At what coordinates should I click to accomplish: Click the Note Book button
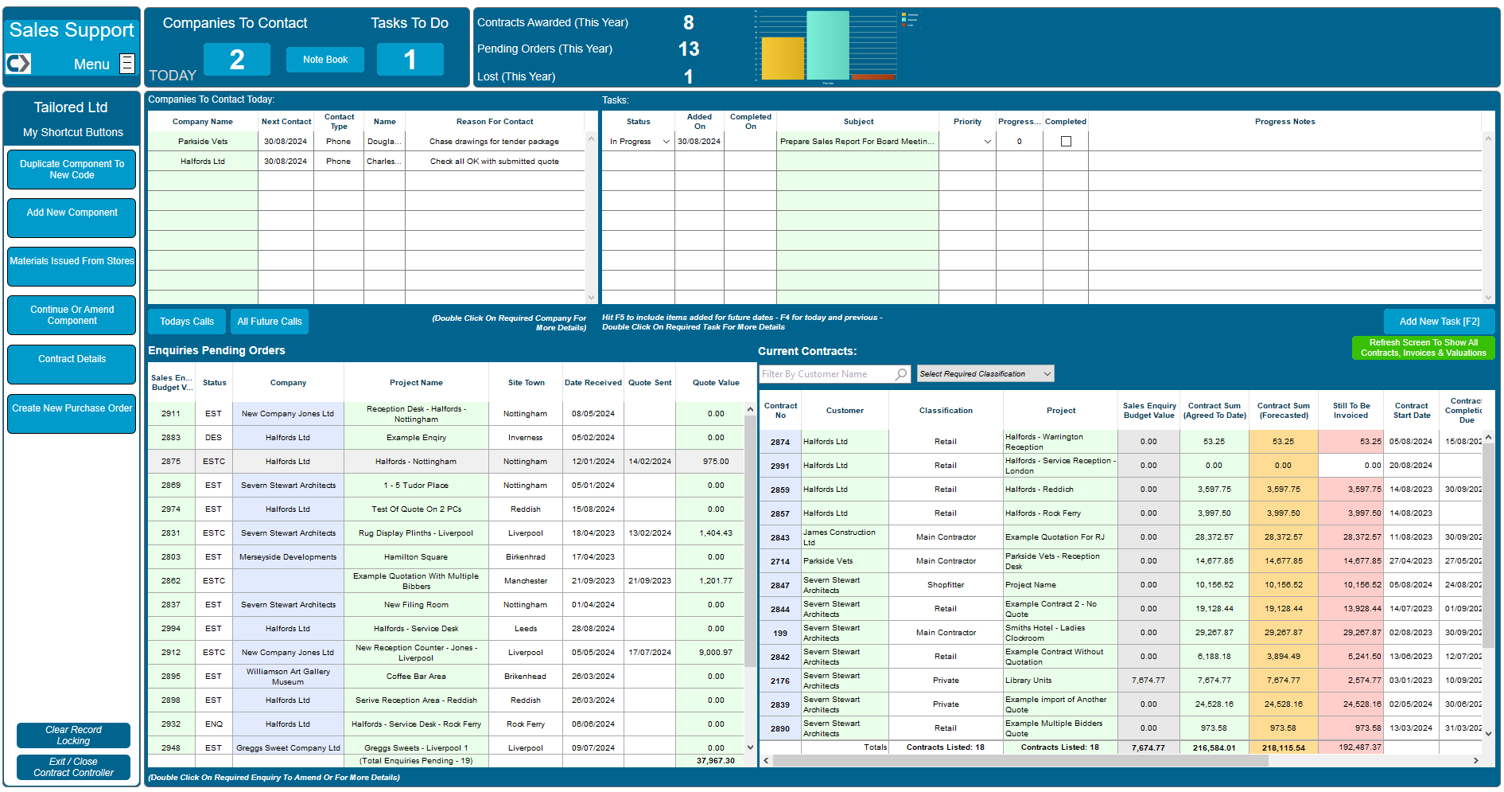pos(325,60)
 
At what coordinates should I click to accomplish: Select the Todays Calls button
pos(187,322)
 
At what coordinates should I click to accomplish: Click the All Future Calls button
pos(270,322)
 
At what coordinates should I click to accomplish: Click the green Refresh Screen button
pos(1423,348)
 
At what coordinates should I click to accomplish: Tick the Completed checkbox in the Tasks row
pos(1066,142)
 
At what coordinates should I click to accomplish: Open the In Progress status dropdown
pos(666,142)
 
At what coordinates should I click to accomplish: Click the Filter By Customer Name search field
pos(827,374)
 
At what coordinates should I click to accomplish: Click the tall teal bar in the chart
pos(827,45)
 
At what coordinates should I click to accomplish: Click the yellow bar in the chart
pos(783,59)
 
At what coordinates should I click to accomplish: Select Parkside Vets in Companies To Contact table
pos(203,142)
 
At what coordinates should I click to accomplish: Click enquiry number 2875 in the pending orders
pos(171,462)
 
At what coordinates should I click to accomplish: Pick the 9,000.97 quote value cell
pos(716,653)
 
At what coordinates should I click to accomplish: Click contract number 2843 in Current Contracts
pos(780,538)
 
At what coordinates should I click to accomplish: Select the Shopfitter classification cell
pos(946,585)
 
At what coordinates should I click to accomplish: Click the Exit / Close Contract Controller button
pos(73,767)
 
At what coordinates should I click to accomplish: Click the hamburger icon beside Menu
pos(127,64)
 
